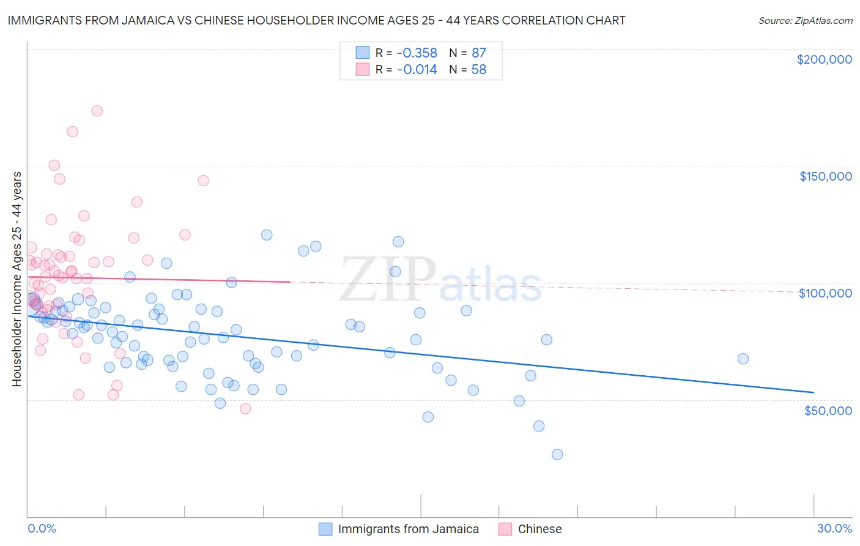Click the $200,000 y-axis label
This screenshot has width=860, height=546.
coord(824,59)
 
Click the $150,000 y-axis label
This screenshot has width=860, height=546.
coord(825,176)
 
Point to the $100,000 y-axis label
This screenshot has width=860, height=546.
coord(825,293)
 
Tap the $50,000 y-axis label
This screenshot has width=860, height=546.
coord(828,410)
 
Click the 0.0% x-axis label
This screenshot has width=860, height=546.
coord(42,528)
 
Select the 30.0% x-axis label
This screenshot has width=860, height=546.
coord(834,528)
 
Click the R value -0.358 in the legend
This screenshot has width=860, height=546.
coord(417,53)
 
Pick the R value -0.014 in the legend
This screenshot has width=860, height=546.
coord(417,70)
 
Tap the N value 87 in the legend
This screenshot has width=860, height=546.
coord(478,53)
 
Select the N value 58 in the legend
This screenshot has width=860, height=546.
coord(478,70)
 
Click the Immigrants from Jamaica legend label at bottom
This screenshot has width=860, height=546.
coord(408,529)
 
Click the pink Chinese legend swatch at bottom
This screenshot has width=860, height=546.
coord(505,529)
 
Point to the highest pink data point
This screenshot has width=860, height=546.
coord(97,111)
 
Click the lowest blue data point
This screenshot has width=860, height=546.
coord(557,454)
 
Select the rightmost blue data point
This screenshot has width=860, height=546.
coord(743,359)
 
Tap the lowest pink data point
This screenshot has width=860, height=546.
coord(245,408)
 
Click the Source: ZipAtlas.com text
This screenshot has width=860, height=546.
coord(805,21)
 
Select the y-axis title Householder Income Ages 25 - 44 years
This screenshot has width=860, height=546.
coord(17,279)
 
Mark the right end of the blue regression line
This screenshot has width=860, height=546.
coord(814,392)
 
